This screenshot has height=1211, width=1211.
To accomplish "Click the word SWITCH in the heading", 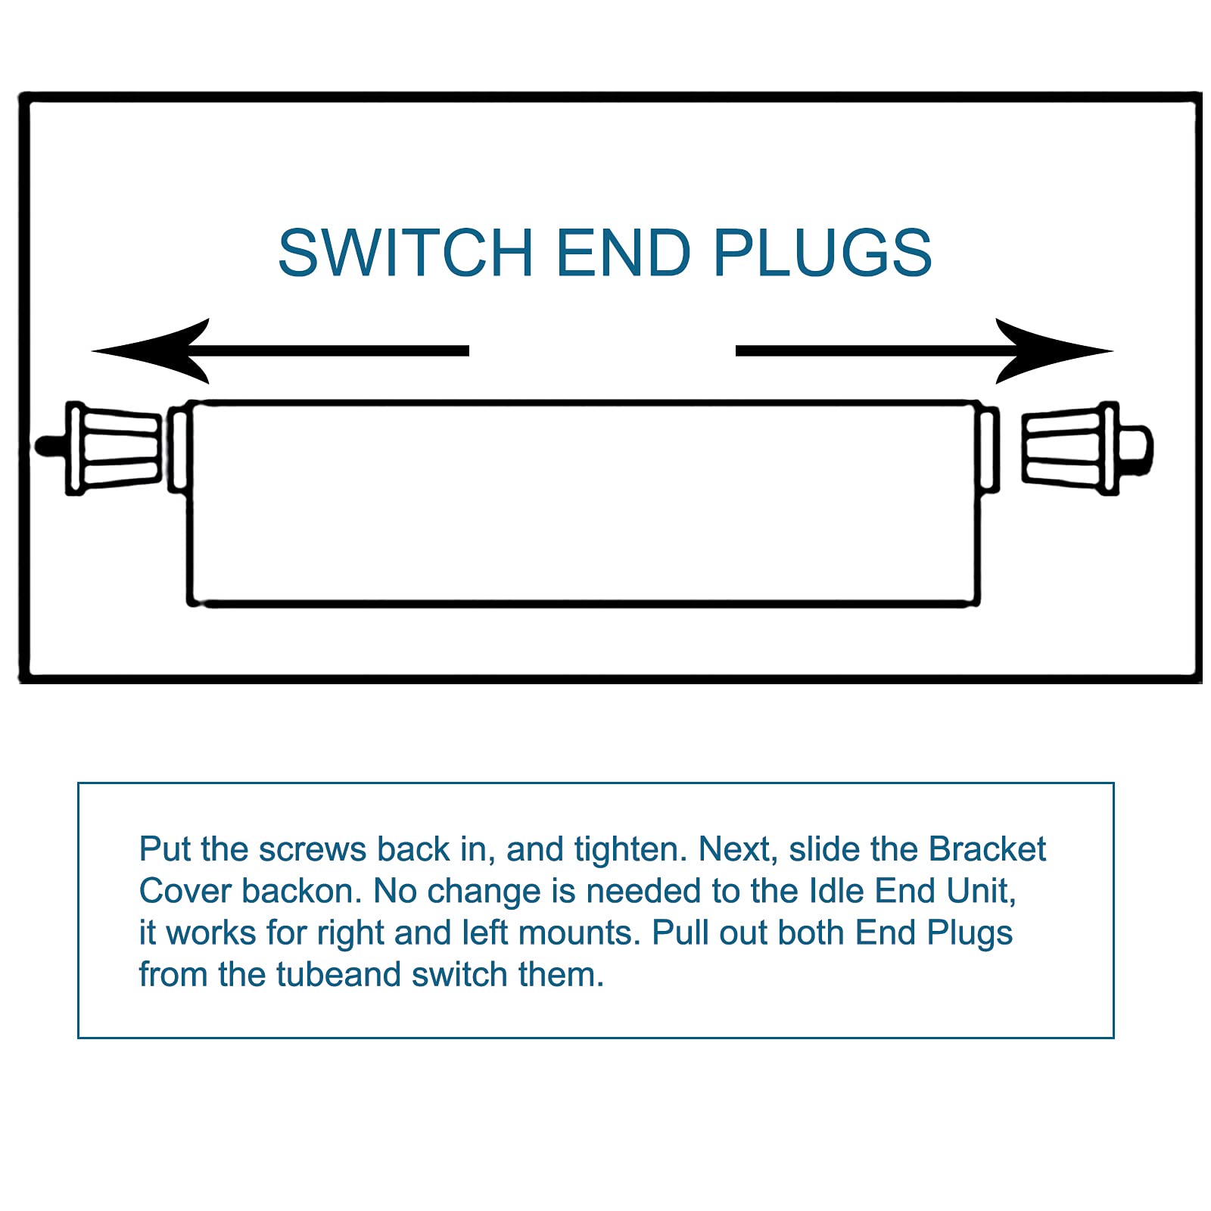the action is tap(406, 252).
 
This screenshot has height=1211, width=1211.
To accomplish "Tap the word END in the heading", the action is tap(624, 252).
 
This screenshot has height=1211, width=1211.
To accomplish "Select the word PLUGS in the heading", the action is tap(823, 252).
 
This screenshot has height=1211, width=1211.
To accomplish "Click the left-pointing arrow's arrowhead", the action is tap(150, 350).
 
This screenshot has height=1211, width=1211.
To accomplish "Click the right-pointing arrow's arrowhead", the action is tap(1054, 350).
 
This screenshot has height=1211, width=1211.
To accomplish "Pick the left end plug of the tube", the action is tap(98, 448).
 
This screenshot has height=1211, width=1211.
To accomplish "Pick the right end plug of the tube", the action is tap(1088, 448).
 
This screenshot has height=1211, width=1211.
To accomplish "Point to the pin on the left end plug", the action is tap(51, 446).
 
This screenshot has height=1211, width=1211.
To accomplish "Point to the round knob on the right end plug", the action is tap(1135, 448).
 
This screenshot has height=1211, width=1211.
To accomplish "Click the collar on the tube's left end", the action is tap(178, 449).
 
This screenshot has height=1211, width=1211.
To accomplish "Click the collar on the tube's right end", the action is tap(989, 449).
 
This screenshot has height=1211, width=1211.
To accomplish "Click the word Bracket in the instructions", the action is tap(987, 848).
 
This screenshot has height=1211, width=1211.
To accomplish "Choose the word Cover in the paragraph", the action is tap(185, 891).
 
